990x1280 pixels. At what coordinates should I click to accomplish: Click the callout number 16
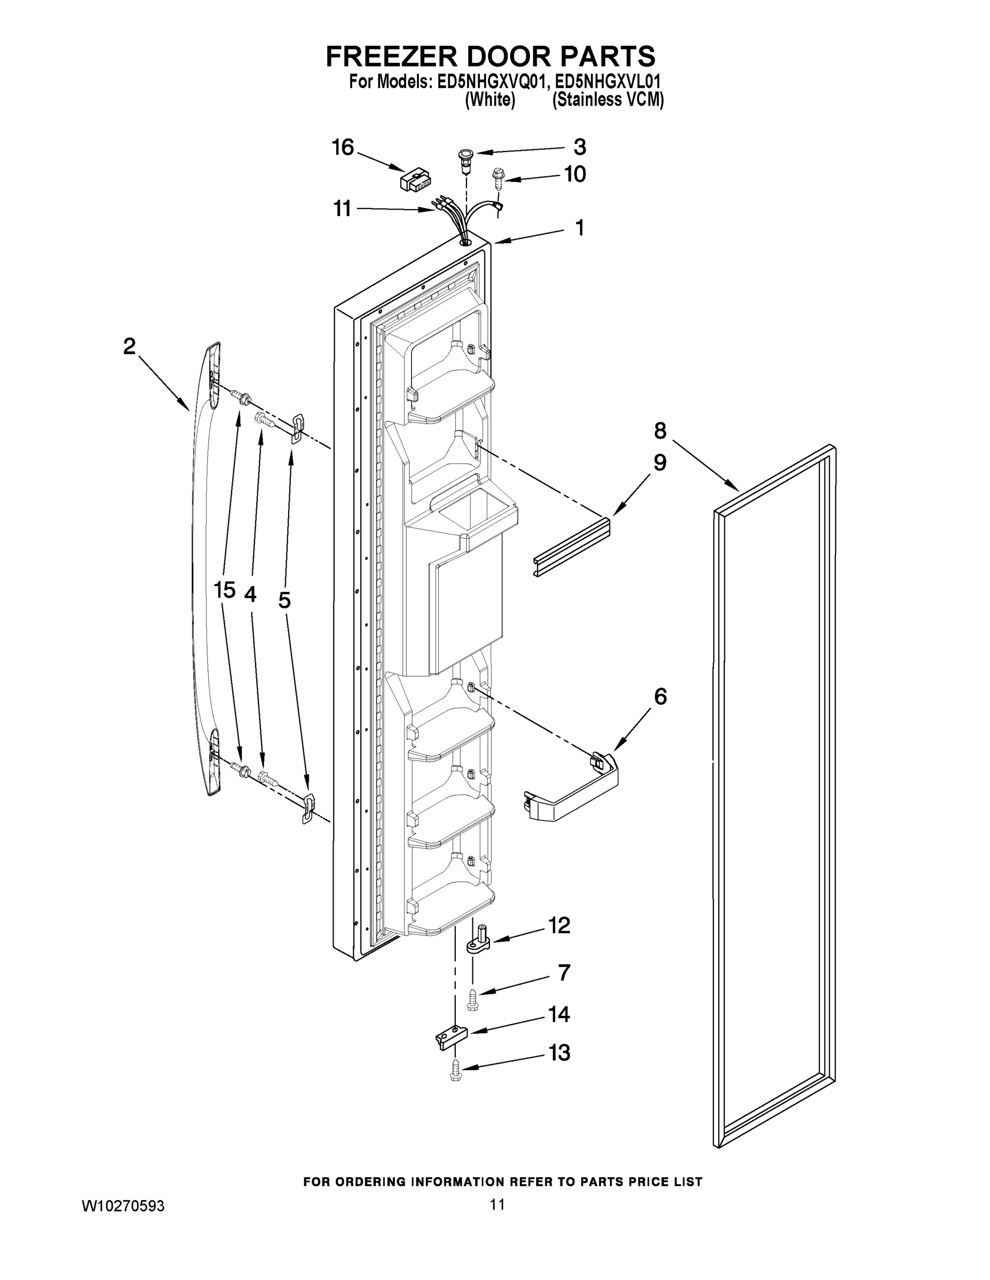coord(343,147)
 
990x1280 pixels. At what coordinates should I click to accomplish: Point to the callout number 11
coord(342,208)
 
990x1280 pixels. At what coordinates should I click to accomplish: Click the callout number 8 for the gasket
coord(660,431)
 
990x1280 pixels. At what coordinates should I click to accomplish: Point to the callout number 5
coord(284,600)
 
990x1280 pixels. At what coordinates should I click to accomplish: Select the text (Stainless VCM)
coord(608,100)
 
